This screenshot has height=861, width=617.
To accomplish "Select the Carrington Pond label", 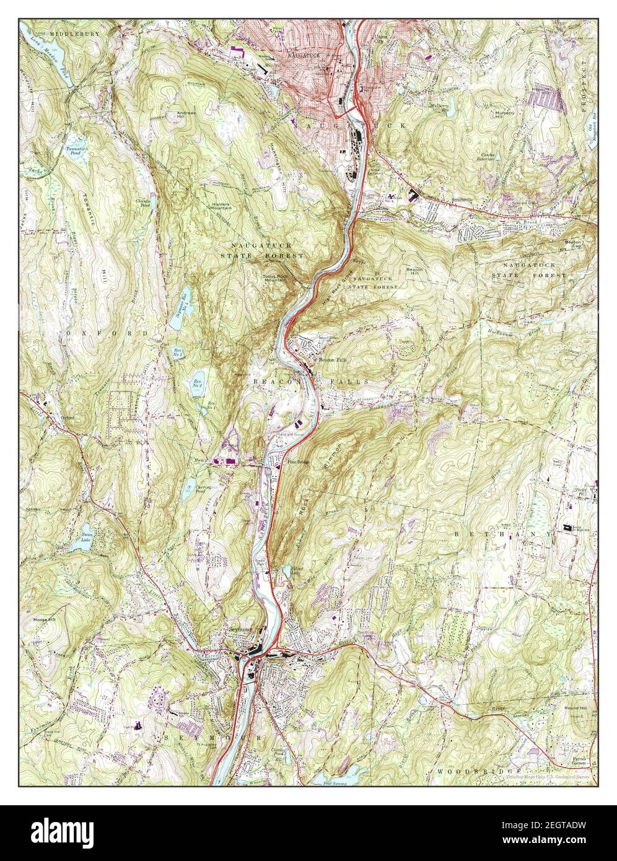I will tap(190, 487).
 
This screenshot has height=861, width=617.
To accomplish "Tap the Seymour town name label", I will tap(241, 630).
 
